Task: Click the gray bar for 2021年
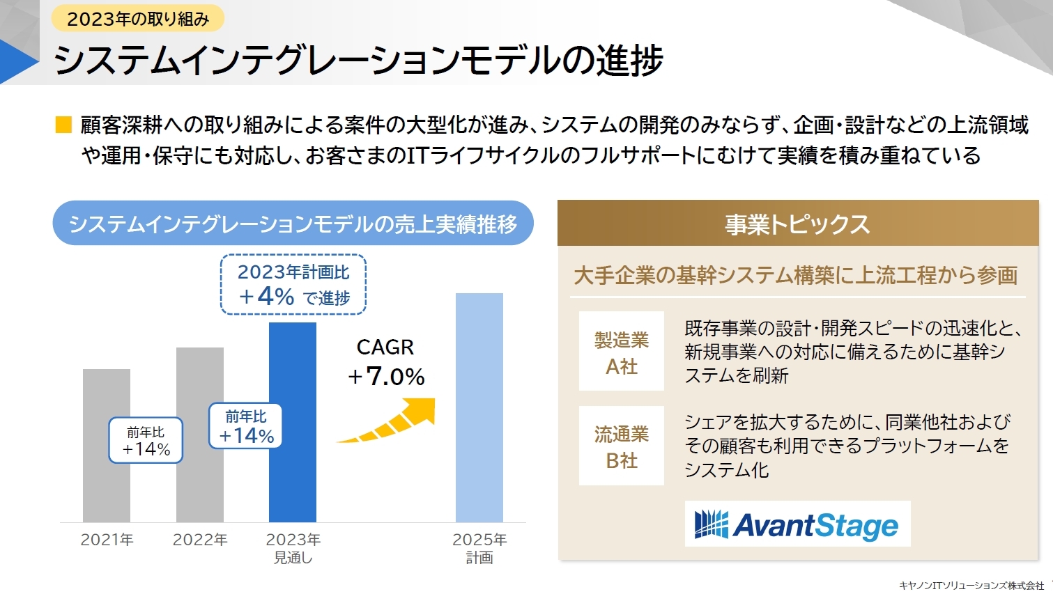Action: click(106, 487)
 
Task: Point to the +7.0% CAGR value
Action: click(387, 377)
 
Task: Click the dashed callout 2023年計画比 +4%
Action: click(293, 284)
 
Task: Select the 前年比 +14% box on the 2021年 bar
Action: click(146, 440)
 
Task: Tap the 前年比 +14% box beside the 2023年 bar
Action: click(246, 426)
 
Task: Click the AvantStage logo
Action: click(797, 524)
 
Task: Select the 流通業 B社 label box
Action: click(621, 446)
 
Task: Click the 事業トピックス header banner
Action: click(797, 224)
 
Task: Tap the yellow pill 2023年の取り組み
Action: click(138, 19)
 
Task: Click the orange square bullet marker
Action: click(63, 125)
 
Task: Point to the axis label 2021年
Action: click(107, 540)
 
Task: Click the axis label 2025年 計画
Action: click(479, 548)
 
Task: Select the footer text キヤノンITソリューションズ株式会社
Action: click(971, 586)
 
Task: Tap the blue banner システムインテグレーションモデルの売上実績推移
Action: click(293, 224)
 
